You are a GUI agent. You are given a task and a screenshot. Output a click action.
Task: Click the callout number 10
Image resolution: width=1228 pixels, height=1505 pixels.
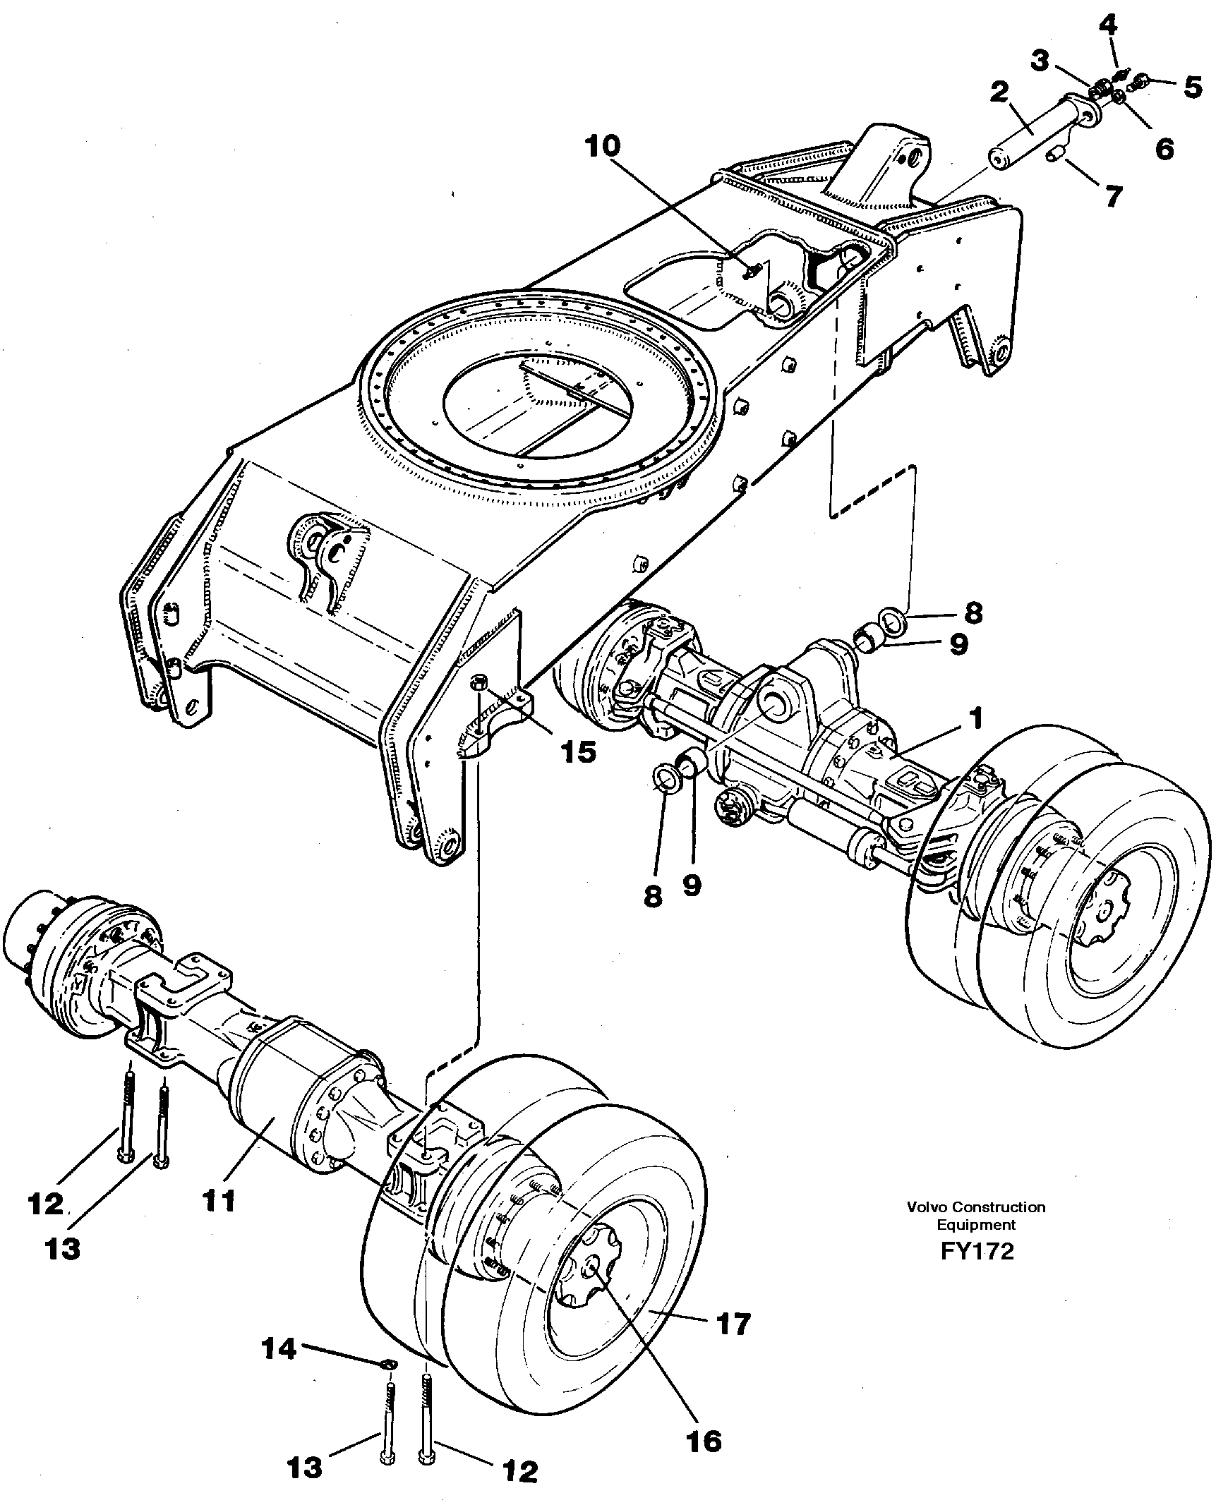coord(603,147)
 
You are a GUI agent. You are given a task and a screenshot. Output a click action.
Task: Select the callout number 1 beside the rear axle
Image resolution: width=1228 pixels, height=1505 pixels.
coord(975,719)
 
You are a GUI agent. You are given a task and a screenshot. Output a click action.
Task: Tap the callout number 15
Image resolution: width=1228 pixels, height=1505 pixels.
coord(578,751)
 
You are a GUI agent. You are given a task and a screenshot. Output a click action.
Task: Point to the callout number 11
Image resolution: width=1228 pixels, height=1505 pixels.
coord(218,1200)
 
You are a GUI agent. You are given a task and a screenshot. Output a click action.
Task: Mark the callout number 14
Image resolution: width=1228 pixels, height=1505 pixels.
coord(279,1349)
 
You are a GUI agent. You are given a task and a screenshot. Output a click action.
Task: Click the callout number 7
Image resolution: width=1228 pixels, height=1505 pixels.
coord(1114,196)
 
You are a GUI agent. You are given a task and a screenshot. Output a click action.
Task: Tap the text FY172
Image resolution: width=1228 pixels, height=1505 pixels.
coord(977,1251)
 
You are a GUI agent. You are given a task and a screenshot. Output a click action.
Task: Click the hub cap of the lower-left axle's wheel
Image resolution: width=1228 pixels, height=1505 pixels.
coord(590,1272)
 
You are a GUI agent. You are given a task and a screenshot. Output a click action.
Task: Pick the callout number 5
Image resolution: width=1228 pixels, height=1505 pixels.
coord(1192,87)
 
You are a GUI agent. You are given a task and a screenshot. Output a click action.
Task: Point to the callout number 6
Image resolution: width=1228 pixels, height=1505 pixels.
coord(1164,148)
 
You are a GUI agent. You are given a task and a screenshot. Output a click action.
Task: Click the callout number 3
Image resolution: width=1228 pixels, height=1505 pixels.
coord(1039,61)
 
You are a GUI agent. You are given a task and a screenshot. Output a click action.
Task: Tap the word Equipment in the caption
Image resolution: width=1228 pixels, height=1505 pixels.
coord(976,1225)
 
